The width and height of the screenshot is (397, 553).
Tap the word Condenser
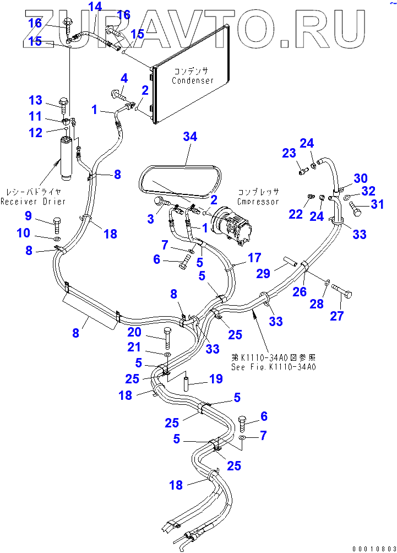192,80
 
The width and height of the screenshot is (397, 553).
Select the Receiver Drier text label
32,201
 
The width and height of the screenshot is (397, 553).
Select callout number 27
352,316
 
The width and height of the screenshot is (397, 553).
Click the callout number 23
290,154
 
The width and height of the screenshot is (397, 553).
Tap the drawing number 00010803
373,547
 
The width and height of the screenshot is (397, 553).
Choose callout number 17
254,257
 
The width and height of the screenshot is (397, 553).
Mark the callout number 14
95,7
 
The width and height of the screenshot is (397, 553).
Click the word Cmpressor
258,201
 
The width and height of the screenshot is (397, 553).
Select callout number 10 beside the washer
23,234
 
